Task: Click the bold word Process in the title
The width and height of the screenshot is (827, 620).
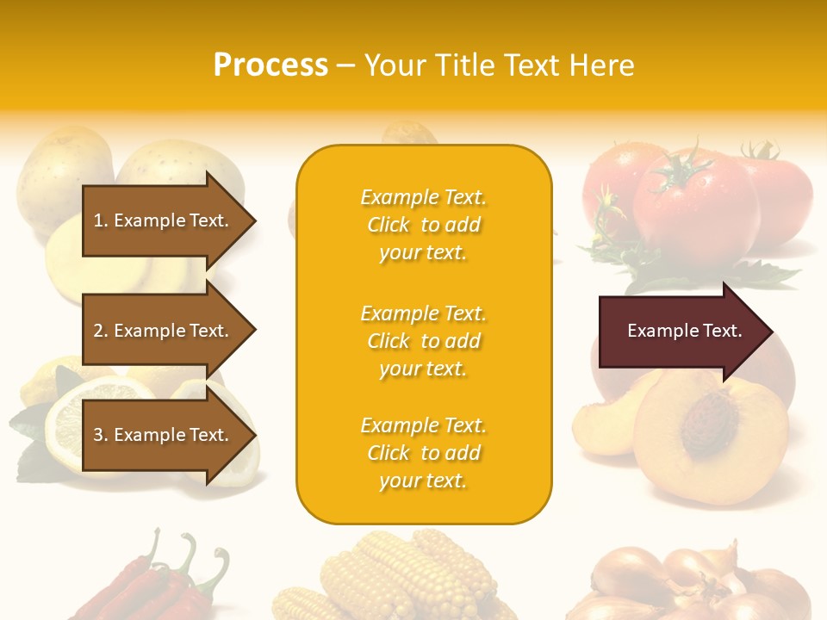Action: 270,65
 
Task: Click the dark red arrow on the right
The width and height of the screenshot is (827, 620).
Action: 681,331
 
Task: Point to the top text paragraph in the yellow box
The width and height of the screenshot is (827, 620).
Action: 423,225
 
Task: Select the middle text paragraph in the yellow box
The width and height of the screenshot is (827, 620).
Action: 423,341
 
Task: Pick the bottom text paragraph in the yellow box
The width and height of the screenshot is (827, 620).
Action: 423,453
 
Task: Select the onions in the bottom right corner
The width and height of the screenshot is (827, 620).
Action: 698,581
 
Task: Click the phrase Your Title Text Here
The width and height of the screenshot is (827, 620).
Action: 499,65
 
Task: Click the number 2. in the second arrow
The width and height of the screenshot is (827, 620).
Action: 101,331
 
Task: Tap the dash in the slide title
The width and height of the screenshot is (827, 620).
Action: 346,65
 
